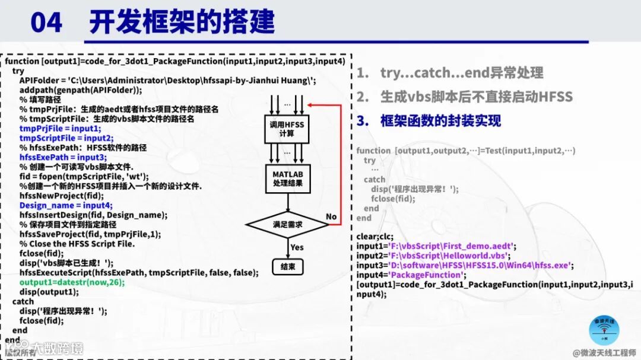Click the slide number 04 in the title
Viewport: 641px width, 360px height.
point(46,22)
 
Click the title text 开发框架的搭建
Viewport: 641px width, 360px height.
point(182,22)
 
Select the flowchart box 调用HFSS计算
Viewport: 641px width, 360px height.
point(287,128)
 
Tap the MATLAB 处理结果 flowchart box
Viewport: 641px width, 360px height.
point(287,179)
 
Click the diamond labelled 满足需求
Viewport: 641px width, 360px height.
point(287,225)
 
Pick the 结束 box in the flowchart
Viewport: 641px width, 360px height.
point(287,267)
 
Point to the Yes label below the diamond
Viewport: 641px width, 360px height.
point(297,247)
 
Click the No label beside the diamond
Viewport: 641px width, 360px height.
point(331,216)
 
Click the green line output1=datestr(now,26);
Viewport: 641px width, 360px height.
point(72,282)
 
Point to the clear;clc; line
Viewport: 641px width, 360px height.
point(375,236)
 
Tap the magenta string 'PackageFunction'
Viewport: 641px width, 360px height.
point(427,275)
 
